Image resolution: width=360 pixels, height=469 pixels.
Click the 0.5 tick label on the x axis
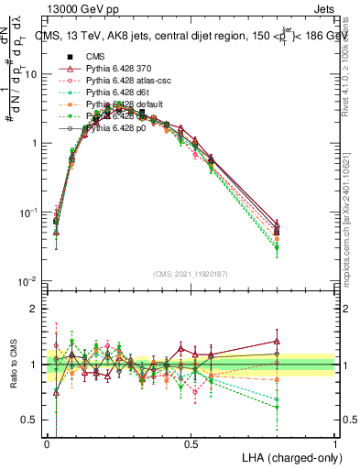[191, 444]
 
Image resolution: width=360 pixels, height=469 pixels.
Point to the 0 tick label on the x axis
[47, 444]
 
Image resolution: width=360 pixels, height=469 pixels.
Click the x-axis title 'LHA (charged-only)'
[287, 458]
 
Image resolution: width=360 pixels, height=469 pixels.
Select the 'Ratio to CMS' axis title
[11, 365]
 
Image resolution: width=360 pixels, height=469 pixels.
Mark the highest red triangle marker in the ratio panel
[277, 341]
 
